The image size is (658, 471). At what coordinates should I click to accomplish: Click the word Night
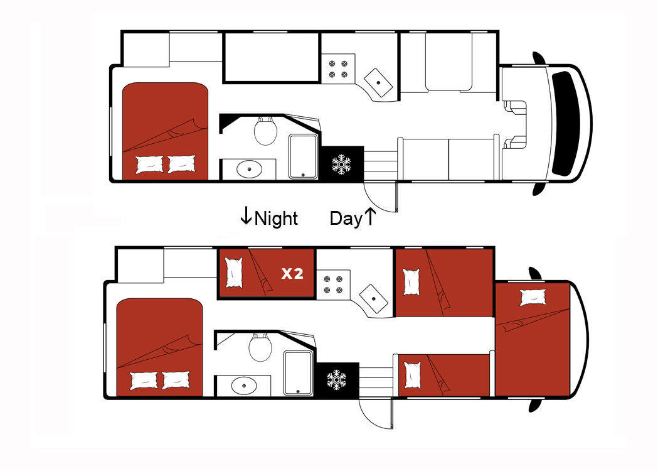[x=276, y=219]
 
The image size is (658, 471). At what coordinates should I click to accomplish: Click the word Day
[x=346, y=219]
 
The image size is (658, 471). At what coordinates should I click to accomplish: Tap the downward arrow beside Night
[x=246, y=215]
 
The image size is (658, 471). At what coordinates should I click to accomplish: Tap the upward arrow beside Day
[x=369, y=216]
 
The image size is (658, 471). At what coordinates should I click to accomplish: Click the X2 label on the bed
[x=292, y=274]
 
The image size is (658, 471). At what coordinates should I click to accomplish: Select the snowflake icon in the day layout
[x=341, y=164]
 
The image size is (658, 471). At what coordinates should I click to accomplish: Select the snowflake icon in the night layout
[x=337, y=379]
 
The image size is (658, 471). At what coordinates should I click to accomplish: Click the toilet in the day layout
[x=265, y=131]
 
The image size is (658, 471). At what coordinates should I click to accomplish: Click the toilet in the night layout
[x=260, y=347]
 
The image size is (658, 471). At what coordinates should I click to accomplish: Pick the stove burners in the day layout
[x=338, y=69]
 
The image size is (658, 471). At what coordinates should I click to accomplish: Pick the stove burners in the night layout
[x=333, y=284]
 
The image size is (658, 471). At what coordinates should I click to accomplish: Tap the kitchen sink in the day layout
[x=378, y=83]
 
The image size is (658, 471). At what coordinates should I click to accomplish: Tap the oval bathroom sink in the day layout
[x=249, y=170]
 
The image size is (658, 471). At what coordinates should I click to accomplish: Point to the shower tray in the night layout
[x=298, y=372]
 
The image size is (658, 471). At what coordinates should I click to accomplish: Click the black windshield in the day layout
[x=565, y=124]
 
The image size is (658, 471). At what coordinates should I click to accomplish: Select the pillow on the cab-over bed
[x=533, y=298]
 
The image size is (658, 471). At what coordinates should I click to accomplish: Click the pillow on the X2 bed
[x=234, y=273]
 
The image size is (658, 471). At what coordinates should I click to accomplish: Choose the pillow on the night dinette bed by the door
[x=412, y=375]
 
